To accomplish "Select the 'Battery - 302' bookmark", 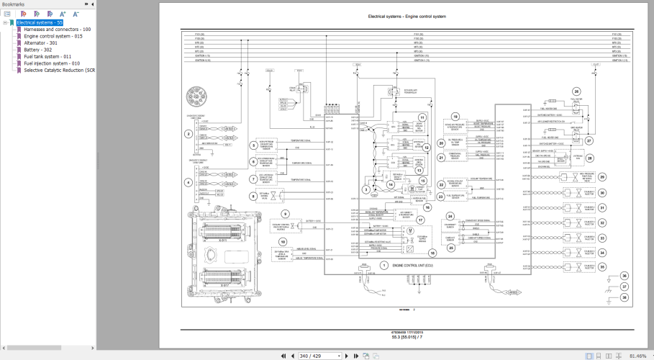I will (37, 50).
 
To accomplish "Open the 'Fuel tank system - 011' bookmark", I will (47, 56).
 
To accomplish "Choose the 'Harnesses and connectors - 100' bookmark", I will (57, 29).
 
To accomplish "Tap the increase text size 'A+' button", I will (63, 14).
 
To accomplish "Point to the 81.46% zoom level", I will (637, 356).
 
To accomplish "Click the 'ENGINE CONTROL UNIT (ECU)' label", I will (414, 266).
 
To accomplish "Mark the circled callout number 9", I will (285, 215).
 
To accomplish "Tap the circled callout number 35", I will (602, 266).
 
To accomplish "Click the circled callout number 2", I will (189, 134).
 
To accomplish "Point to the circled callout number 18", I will (432, 252).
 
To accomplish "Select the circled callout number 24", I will (450, 215).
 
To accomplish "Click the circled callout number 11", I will (422, 117).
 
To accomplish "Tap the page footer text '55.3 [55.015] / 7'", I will (407, 336).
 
